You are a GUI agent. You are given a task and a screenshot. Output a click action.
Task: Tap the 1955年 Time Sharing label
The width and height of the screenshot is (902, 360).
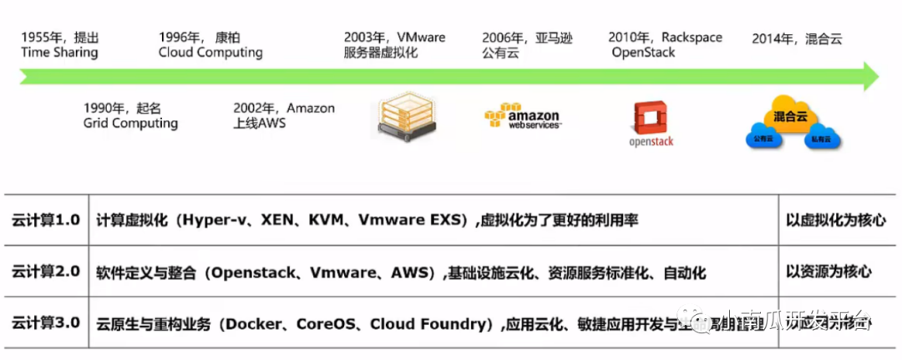[59, 45]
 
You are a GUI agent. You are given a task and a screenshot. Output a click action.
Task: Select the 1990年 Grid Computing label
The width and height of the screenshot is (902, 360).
[130, 116]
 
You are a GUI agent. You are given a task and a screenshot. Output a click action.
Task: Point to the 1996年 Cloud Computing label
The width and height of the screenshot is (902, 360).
[210, 45]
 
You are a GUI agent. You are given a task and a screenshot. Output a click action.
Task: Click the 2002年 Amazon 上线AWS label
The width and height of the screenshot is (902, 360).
[284, 116]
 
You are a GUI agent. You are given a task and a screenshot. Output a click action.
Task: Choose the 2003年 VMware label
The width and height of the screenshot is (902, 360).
[394, 45]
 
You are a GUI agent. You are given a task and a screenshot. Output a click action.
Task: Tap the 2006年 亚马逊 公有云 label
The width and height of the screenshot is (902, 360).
[527, 45]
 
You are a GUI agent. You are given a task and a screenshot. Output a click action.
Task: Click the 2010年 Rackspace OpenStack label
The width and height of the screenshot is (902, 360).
[666, 45]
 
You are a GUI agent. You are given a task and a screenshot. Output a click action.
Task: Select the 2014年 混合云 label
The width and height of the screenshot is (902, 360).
[797, 38]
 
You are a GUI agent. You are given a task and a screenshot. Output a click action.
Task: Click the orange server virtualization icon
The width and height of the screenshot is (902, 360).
[407, 118]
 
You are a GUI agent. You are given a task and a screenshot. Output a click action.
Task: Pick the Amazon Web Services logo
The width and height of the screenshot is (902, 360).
[523, 116]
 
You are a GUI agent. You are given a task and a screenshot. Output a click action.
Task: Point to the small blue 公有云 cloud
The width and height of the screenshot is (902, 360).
[763, 139]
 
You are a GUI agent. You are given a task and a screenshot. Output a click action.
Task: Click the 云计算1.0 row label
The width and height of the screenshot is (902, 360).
[46, 221]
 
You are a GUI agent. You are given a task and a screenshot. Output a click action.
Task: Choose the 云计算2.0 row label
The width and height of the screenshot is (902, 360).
[46, 271]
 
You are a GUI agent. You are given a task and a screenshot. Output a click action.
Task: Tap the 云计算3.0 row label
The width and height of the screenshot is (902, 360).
[46, 322]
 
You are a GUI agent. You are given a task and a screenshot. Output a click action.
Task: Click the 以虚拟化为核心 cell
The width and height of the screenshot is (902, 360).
[836, 221]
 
